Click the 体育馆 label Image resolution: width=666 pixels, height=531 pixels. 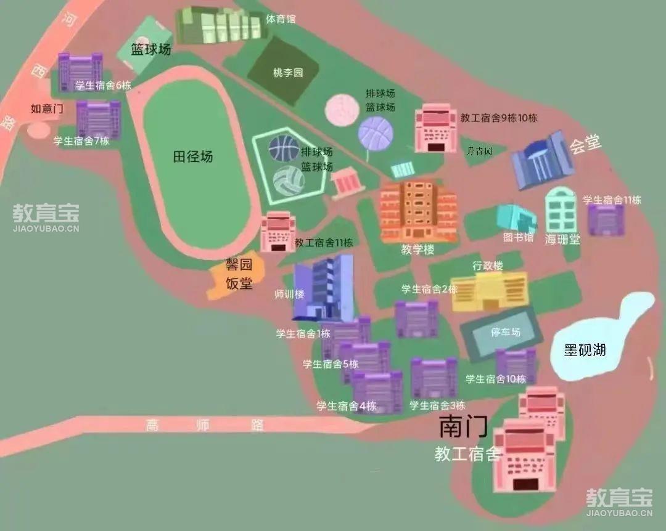pos(281,19)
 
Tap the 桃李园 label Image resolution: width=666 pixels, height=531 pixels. pos(288,73)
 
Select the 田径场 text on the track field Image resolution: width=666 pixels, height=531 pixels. pos(192,157)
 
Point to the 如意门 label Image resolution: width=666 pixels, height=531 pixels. pos(47,109)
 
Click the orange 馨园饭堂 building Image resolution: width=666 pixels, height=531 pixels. pos(236,278)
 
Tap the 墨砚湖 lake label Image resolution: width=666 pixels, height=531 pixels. pos(585,351)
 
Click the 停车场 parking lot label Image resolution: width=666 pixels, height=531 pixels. pos(506,332)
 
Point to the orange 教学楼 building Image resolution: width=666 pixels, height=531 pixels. pos(418,211)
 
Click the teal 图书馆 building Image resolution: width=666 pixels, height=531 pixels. pos(516,218)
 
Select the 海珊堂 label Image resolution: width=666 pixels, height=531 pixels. pos(562,239)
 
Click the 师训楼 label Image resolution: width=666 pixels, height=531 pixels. pos(289,294)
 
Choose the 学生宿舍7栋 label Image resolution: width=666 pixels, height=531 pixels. pos(81,141)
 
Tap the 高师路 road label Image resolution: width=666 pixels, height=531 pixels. pos(205,424)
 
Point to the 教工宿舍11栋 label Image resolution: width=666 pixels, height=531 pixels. pos(323,243)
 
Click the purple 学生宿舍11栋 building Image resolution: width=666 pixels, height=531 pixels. pos(606,220)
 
